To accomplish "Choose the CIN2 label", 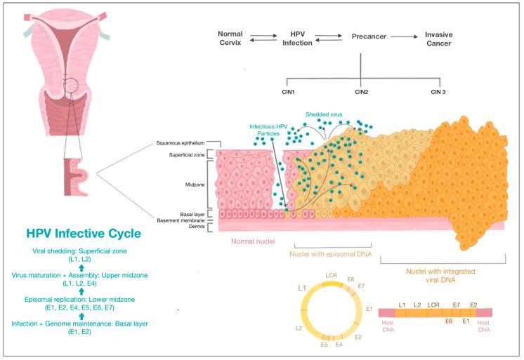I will coord(362,92).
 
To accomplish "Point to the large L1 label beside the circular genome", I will coord(301,288).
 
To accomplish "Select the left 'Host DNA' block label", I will coord(387,329).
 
